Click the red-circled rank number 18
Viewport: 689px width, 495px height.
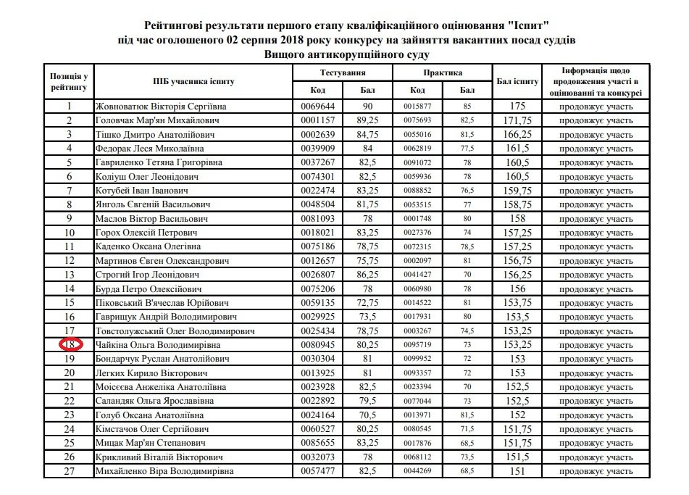[70, 346]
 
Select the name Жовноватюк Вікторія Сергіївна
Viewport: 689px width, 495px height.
[159, 107]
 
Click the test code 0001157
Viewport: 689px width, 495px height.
[314, 121]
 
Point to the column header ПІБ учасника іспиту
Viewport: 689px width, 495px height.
[192, 80]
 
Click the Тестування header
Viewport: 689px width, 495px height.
[342, 73]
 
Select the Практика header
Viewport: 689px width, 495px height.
[442, 73]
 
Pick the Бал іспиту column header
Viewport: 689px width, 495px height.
[517, 80]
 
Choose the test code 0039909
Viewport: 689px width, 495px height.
[314, 149]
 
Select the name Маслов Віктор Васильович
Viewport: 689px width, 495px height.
[152, 218]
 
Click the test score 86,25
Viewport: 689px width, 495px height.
[369, 275]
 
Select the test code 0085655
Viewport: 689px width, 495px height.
[314, 444]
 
